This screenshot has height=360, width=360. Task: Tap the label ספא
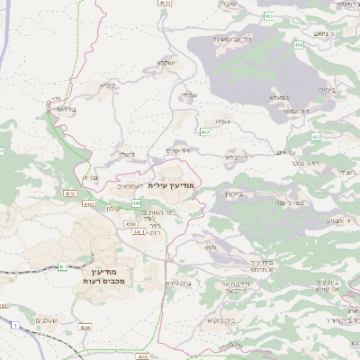coord(210,247)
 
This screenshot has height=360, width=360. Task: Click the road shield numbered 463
coord(206,132)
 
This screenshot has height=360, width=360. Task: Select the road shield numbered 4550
coord(130,223)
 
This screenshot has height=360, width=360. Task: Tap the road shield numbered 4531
coord(165,4)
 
